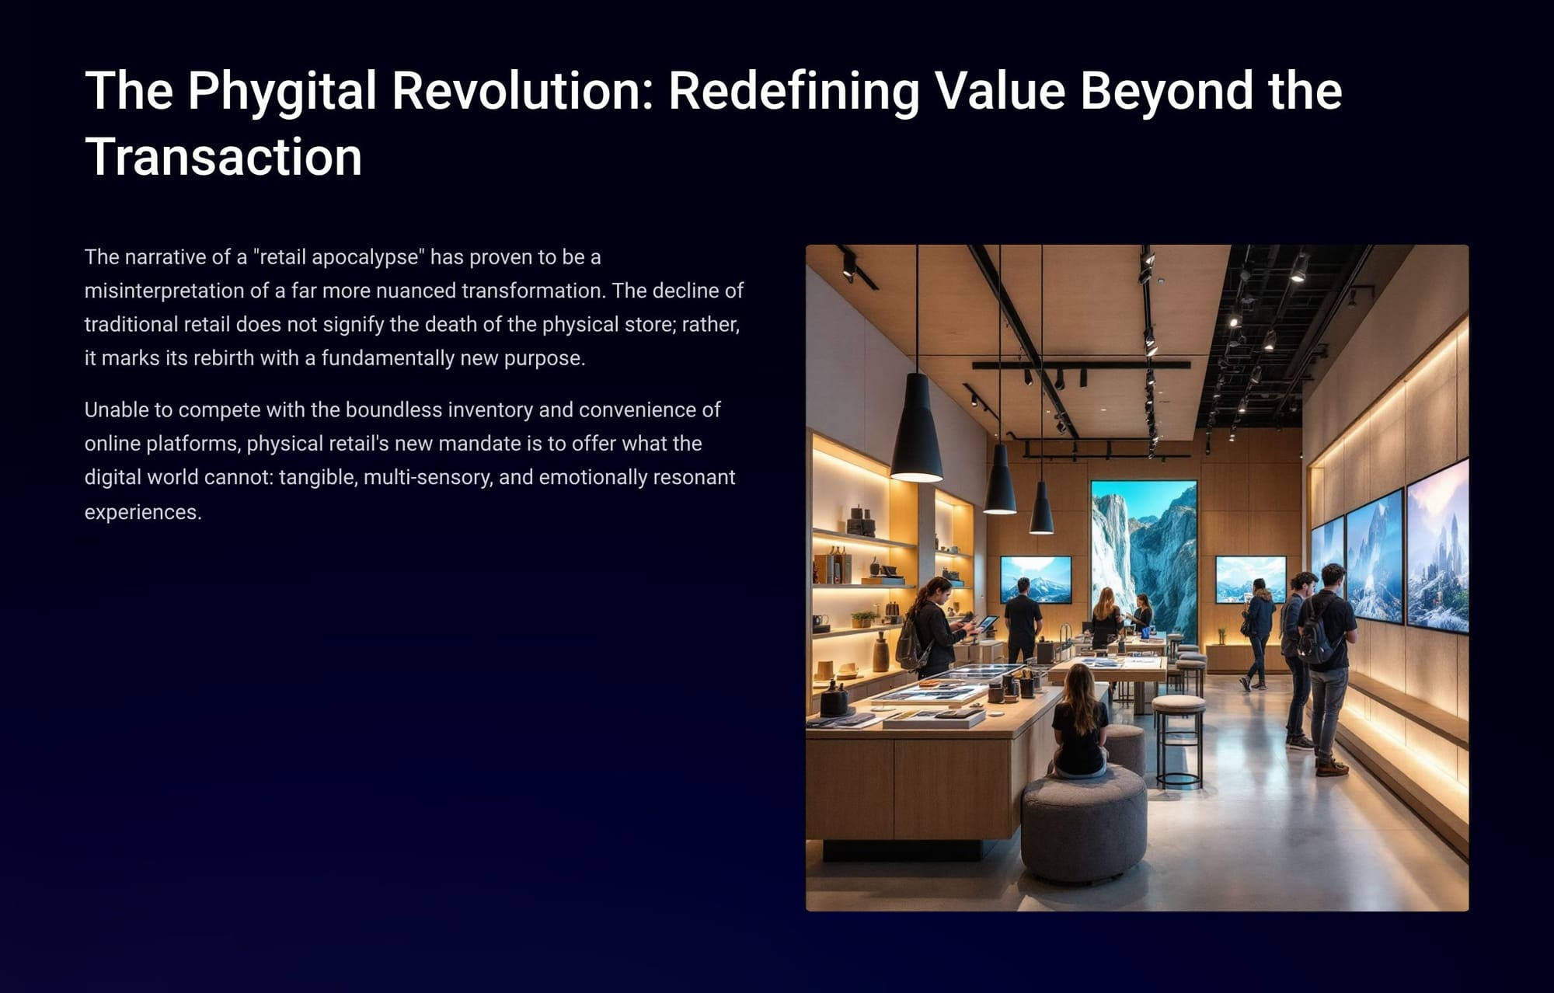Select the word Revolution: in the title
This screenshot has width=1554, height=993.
click(522, 91)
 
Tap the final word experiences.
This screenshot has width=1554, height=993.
click(143, 513)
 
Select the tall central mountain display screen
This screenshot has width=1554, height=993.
click(1144, 559)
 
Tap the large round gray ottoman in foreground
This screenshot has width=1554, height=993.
click(1084, 823)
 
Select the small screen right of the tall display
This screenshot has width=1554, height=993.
click(1250, 579)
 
